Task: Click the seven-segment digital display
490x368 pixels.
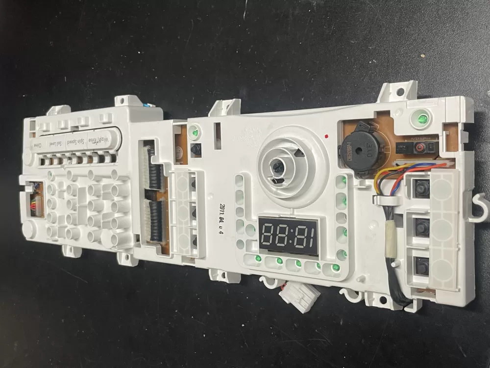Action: coord(289,235)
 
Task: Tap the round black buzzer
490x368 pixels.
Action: coord(360,149)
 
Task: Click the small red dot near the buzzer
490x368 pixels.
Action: coord(326,134)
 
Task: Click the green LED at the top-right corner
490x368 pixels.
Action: coord(420,119)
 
